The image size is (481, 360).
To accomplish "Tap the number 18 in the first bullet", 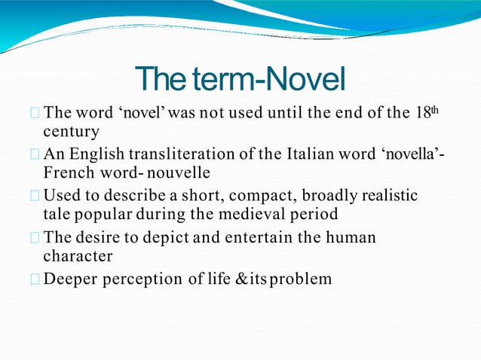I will pyautogui.click(x=424, y=114).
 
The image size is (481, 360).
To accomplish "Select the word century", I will pyautogui.click(x=72, y=133).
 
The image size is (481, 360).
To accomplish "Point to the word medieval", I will pyautogui.click(x=256, y=214).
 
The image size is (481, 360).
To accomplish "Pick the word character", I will pyautogui.click(x=78, y=256).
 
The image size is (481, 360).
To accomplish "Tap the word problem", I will pyautogui.click(x=302, y=279).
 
